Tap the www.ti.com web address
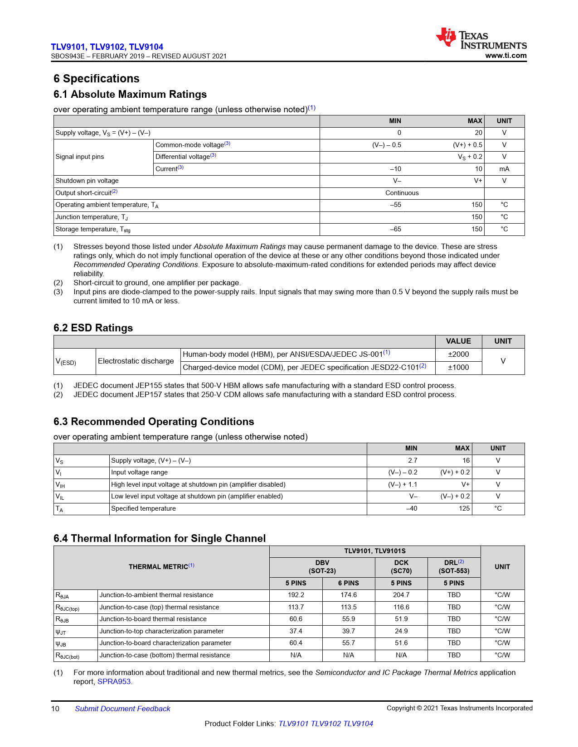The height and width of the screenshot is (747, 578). tap(505, 56)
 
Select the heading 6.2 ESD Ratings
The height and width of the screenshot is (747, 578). tap(93, 328)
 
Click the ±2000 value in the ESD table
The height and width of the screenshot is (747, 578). tap(458, 354)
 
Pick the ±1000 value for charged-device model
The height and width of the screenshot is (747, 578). tap(458, 368)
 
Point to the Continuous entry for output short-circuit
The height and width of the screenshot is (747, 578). tap(402, 193)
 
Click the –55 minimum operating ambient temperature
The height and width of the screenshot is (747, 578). tap(395, 205)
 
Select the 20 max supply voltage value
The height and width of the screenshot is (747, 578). tap(478, 133)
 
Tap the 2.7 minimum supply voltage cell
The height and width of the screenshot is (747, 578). tap(412, 460)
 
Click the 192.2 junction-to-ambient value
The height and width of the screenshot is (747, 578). tap(296, 595)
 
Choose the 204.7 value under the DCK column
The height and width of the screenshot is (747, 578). tap(401, 595)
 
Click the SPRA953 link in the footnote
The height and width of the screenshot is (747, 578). tap(114, 682)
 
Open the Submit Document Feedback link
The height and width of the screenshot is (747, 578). tap(122, 709)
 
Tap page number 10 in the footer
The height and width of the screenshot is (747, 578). tap(55, 709)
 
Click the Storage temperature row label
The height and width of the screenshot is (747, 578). tap(93, 230)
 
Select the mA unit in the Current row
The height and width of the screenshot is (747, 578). tap(504, 169)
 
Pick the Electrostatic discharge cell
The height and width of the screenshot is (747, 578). tap(136, 361)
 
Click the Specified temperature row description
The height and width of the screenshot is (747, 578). tap(143, 508)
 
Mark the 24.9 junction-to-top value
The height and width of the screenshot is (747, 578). tap(401, 631)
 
